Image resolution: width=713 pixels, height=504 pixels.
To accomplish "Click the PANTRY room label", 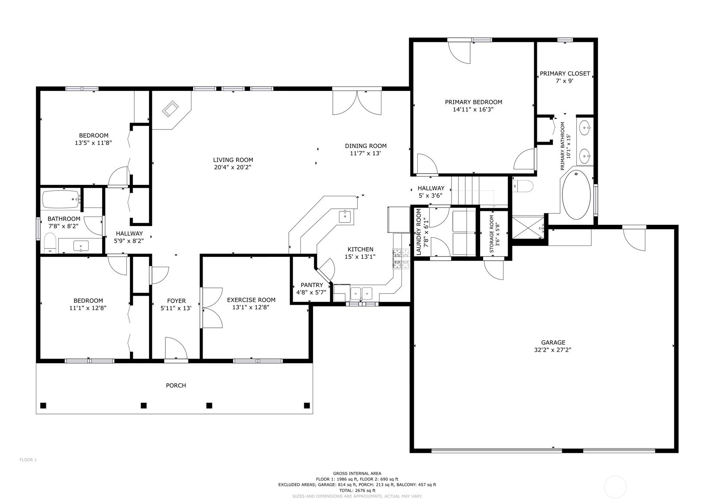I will tap(312, 285).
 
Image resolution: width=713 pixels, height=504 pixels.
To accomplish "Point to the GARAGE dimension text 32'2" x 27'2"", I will tap(553, 350).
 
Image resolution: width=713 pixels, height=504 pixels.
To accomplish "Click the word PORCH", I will tap(176, 385).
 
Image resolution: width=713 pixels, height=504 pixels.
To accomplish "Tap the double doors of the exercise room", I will tap(212, 308).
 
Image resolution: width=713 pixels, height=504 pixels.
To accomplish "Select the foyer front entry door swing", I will tap(175, 349).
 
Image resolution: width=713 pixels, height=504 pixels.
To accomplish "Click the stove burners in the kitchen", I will tap(401, 258).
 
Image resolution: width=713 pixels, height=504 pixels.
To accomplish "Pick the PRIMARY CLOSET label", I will tap(565, 74).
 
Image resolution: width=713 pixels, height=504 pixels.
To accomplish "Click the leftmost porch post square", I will tap(43, 406).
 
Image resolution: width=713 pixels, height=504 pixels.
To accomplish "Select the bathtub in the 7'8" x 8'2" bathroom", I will tap(61, 200).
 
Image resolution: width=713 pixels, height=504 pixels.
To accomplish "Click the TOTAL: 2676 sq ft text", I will tap(357, 491).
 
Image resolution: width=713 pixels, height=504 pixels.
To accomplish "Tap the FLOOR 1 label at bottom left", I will tap(28, 460).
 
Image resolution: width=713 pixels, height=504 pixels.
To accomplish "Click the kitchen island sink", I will tap(345, 216).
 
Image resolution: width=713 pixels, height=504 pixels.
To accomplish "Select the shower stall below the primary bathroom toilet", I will tap(528, 227).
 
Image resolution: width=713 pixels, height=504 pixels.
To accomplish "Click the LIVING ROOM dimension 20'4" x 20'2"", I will tap(233, 167).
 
